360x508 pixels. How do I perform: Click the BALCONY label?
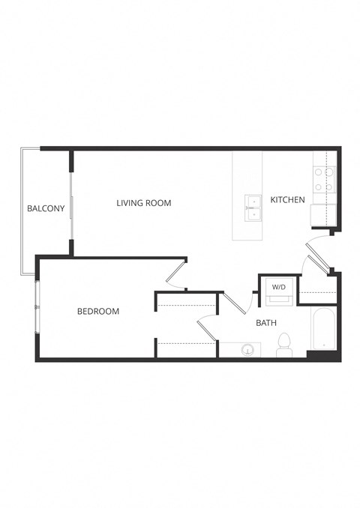pos(46,208)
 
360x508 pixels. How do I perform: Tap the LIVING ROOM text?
pos(144,203)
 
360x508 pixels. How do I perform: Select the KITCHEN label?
pos(287,200)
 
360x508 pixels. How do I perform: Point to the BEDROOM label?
pos(98,312)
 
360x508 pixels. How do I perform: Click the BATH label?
pos(266,324)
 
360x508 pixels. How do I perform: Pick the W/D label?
pos(278,287)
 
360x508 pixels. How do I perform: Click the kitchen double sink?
pos(253,208)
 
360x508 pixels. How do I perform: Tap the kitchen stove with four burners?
pos(325,178)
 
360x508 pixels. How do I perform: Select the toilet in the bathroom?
pos(283,345)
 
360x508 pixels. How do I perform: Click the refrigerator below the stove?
pos(324,214)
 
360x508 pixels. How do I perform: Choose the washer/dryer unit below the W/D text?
pos(278,299)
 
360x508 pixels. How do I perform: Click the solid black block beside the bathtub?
pos(319,354)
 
